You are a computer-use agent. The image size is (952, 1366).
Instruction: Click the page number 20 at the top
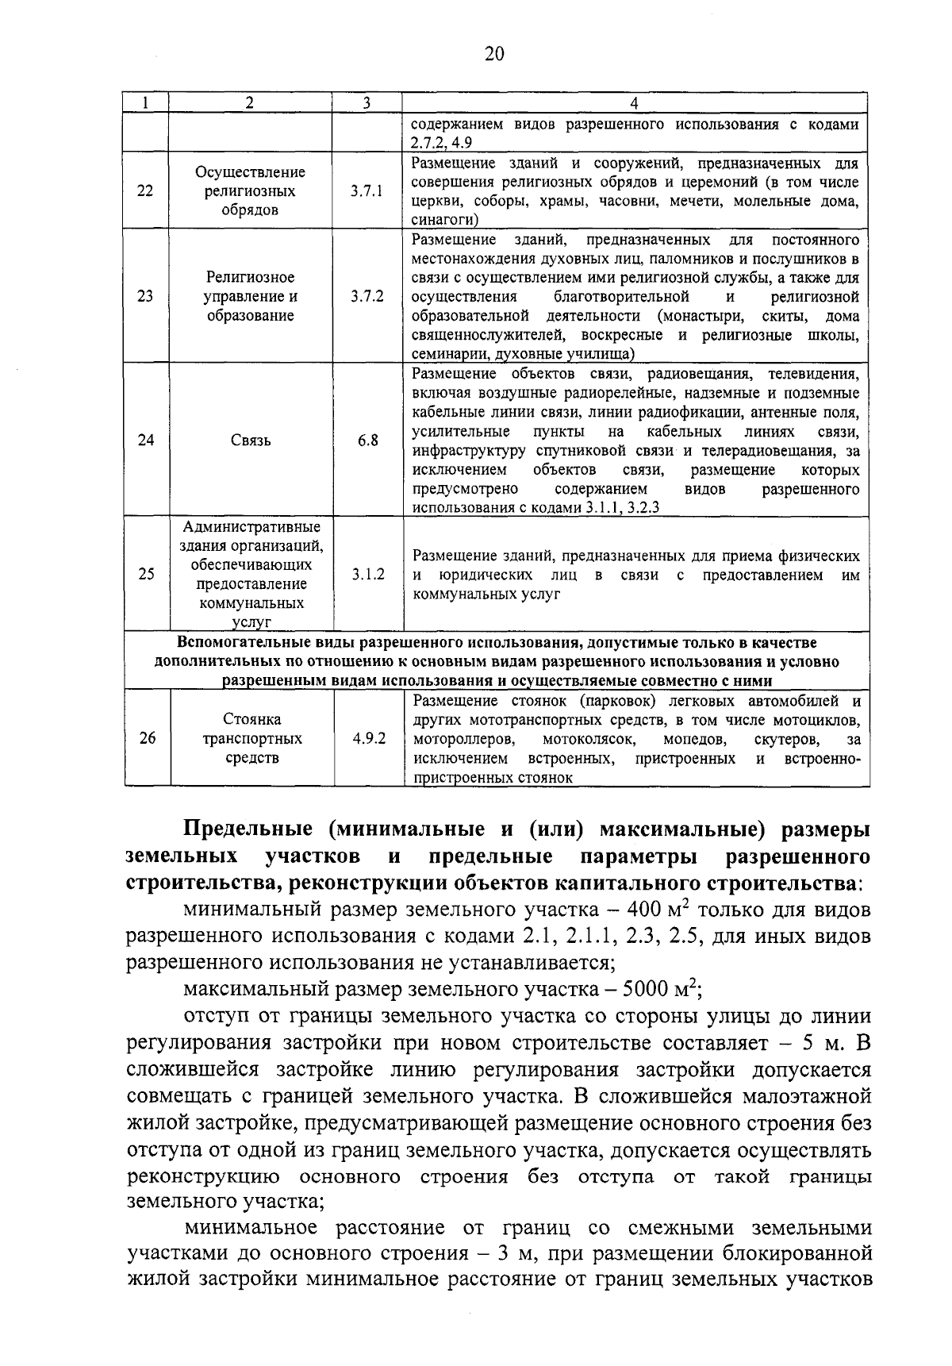pos(493,53)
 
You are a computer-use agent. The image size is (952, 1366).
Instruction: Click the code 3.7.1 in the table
pos(367,191)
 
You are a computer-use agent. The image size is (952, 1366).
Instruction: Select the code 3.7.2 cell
pos(367,296)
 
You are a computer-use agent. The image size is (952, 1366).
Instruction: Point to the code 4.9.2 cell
pos(369,738)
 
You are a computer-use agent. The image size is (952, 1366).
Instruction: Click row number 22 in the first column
pos(146,191)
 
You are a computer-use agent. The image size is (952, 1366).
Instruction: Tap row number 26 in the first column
pos(147,738)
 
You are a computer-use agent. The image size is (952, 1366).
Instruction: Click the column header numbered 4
pos(633,103)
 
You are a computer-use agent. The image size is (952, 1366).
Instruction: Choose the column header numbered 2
pos(251,103)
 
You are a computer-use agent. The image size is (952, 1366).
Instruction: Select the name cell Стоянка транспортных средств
pos(251,738)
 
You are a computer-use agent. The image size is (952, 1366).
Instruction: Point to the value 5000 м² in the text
pos(659,990)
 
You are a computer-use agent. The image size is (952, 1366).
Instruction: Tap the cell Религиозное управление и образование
pos(251,296)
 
